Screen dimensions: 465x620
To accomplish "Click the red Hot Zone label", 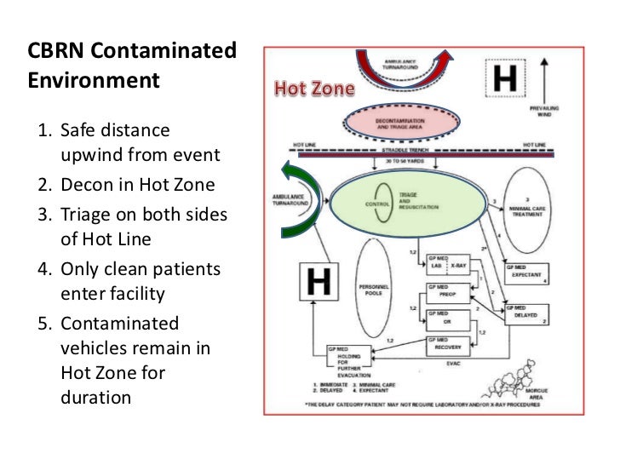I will tap(313, 89).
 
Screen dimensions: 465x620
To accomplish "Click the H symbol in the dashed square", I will tap(505, 79).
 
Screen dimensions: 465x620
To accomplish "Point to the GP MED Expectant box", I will tap(530, 271).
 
